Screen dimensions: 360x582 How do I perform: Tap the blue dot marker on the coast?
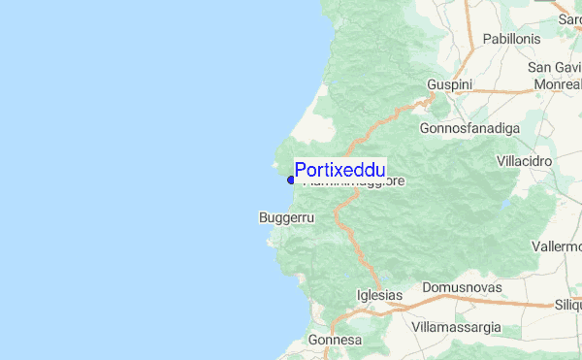point(291,180)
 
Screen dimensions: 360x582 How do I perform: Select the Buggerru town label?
point(286,218)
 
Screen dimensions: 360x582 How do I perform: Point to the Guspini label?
point(449,85)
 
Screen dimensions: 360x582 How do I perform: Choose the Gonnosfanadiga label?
point(469,128)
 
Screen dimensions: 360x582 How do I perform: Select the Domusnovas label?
point(460,288)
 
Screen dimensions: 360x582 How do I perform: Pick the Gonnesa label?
point(335,341)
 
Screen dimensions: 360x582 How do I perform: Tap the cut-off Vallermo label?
point(557,246)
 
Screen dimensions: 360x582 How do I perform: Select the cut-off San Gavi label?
point(554,67)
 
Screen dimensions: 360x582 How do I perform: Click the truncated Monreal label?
point(558,84)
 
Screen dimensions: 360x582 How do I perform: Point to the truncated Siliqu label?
point(565,304)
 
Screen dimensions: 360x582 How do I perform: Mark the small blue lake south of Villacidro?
point(504,205)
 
